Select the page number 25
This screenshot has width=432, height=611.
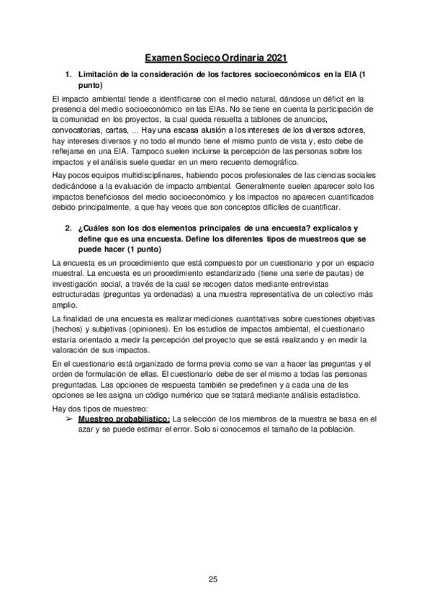click(x=213, y=579)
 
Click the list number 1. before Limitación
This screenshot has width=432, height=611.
click(x=69, y=75)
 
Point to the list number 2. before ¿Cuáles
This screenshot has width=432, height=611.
click(x=69, y=228)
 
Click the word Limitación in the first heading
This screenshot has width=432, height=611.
click(x=96, y=75)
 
